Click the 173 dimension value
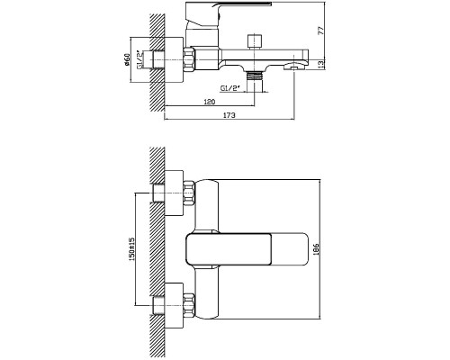[229, 115]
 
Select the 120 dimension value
[210, 102]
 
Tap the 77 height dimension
[321, 31]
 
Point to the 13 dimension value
[321, 64]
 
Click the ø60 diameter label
[127, 59]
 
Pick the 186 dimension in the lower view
[316, 249]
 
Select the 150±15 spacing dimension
[132, 248]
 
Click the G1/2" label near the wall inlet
[140, 59]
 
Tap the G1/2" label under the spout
[230, 88]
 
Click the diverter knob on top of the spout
[255, 41]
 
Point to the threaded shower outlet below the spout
[255, 76]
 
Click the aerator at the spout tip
[294, 66]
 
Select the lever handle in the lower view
[247, 249]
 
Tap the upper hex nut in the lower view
[189, 193]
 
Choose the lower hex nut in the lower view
[189, 306]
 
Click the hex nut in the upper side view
[189, 59]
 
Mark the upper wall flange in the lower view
[174, 193]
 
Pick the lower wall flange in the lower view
[174, 305]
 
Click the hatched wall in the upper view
[157, 62]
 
